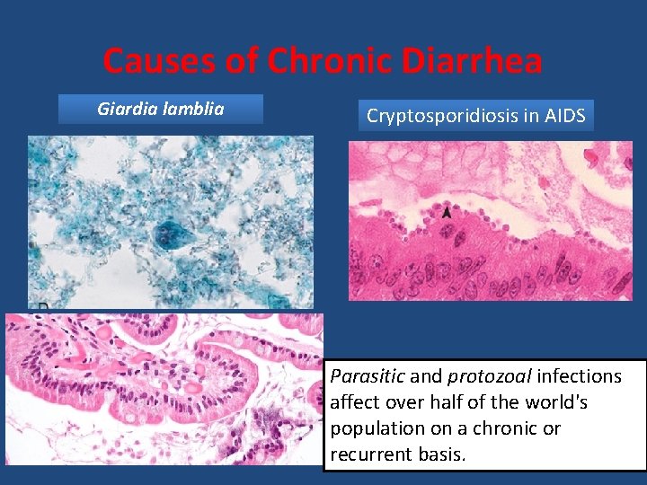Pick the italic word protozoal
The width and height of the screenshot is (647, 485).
[x=477, y=375]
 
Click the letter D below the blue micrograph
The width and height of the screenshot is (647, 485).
[x=42, y=308]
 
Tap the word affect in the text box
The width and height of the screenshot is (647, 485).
[x=354, y=401]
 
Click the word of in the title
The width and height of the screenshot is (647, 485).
[x=244, y=61]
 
